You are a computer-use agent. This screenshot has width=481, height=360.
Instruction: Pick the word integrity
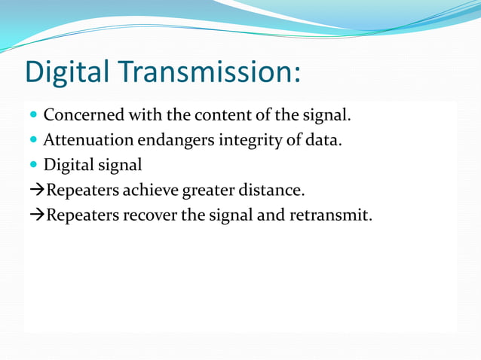(x=247, y=140)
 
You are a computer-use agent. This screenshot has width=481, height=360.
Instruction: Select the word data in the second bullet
(x=324, y=140)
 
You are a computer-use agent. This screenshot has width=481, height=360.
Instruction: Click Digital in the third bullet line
(x=65, y=165)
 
